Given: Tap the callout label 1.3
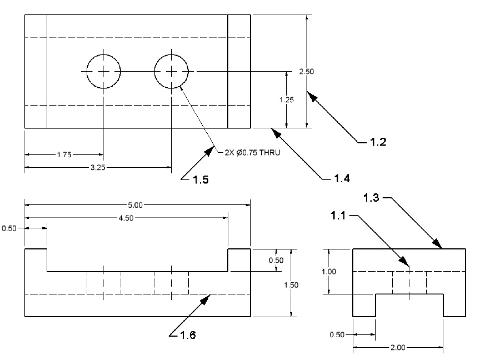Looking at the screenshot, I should [372, 197].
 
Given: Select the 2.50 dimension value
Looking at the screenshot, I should [307, 71].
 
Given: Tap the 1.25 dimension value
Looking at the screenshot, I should [286, 99].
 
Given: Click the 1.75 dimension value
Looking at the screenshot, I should [64, 154].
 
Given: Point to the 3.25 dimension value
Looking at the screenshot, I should [97, 166].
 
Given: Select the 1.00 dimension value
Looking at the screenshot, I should [329, 272].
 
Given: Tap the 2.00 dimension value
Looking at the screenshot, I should [398, 348].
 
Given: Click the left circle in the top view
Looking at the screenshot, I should [103, 71].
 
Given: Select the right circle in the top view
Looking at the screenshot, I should [172, 71].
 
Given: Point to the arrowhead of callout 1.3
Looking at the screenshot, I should [439, 246].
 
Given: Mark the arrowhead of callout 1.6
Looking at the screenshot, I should [207, 297].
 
